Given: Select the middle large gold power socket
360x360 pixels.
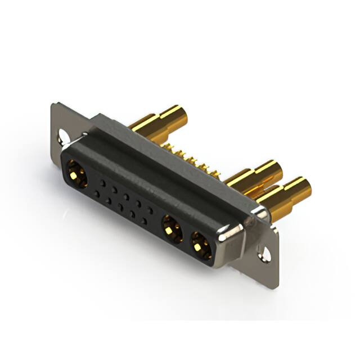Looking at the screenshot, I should pyautogui.click(x=172, y=229).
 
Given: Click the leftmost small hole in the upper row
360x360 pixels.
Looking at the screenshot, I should pyautogui.click(x=103, y=183).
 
